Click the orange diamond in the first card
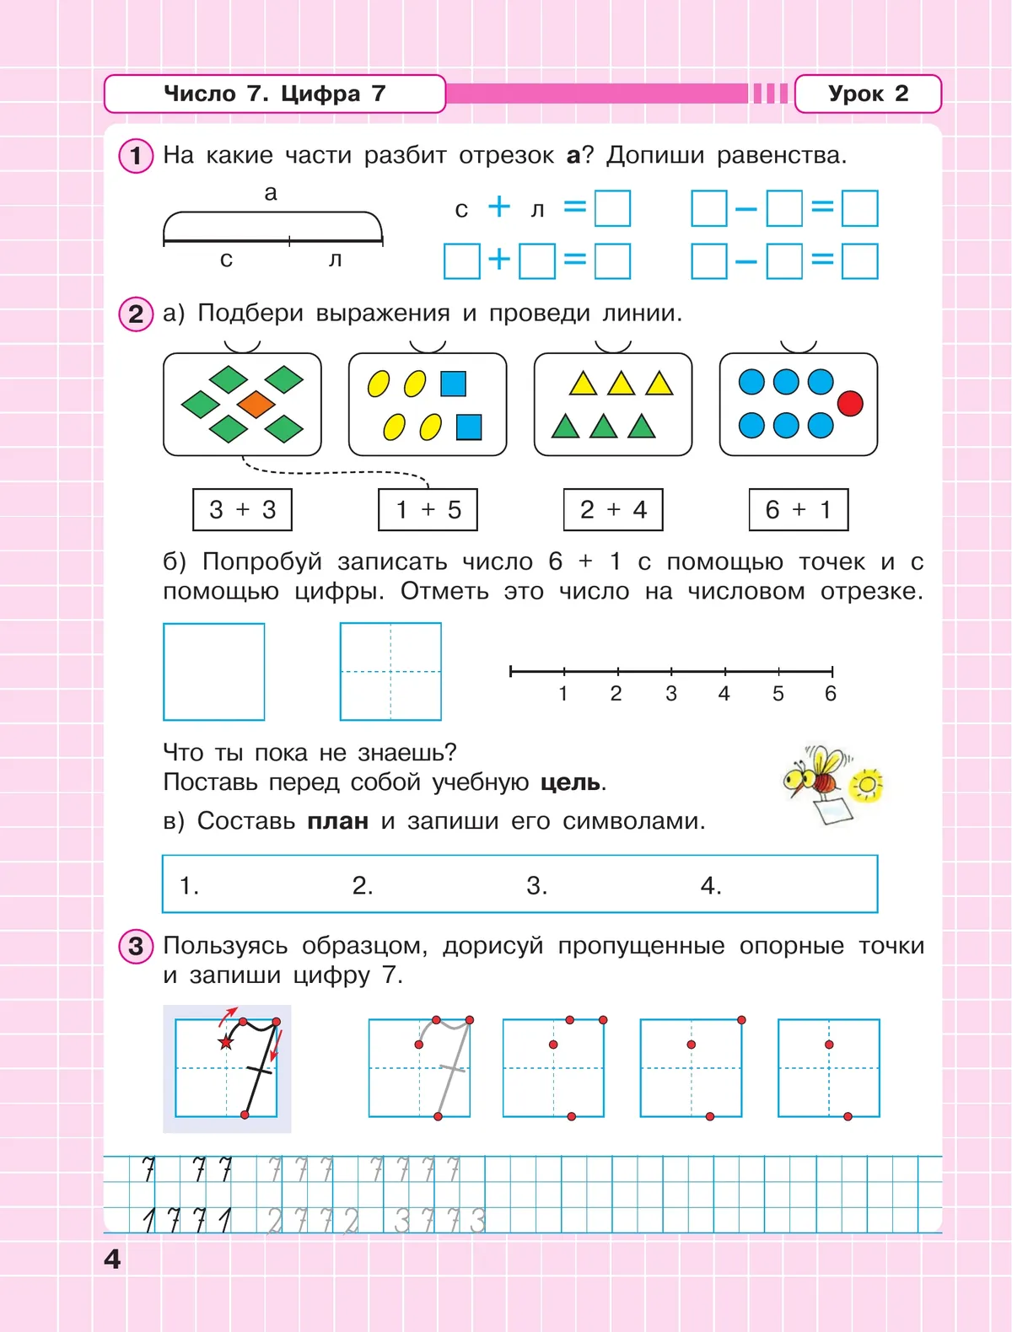(x=256, y=404)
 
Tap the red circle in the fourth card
(x=850, y=404)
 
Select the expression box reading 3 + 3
(x=243, y=509)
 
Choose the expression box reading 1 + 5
(x=428, y=509)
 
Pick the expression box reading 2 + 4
(x=613, y=509)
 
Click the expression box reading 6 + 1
(x=799, y=509)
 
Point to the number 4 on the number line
(x=724, y=694)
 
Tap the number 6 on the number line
(x=831, y=694)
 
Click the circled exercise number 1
(x=136, y=156)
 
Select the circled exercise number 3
(x=136, y=946)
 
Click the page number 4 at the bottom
(x=112, y=1259)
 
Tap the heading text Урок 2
(x=868, y=94)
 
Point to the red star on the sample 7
(x=225, y=1043)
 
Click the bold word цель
(x=571, y=782)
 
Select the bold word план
(x=337, y=821)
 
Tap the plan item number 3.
(x=536, y=885)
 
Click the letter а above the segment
(x=271, y=193)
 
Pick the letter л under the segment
(x=335, y=260)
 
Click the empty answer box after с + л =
(x=612, y=208)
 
